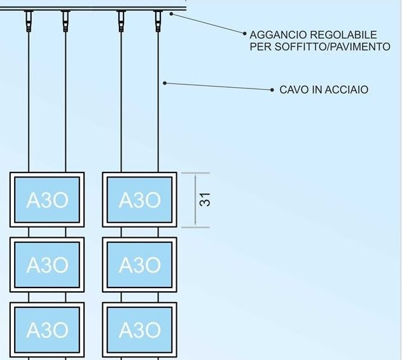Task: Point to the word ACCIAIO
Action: pyautogui.click(x=347, y=90)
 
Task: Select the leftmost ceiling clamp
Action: pyautogui.click(x=29, y=22)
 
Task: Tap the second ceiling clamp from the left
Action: pyautogui.click(x=66, y=22)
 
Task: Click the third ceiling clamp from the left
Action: pyautogui.click(x=121, y=22)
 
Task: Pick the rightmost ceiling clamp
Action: pyautogui.click(x=158, y=22)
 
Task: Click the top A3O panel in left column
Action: pyautogui.click(x=47, y=200)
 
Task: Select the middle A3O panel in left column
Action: pyautogui.click(x=47, y=265)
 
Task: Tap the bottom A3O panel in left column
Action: pyautogui.click(x=47, y=329)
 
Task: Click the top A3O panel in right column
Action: pyautogui.click(x=139, y=200)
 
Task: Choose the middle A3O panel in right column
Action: pyautogui.click(x=139, y=265)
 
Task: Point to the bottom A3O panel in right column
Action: pyautogui.click(x=139, y=329)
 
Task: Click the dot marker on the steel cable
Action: pyautogui.click(x=165, y=83)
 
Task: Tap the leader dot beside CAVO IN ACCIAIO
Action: pyautogui.click(x=272, y=90)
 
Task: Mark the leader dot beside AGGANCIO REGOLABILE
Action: pyautogui.click(x=244, y=34)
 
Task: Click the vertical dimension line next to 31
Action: pyautogui.click(x=195, y=200)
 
